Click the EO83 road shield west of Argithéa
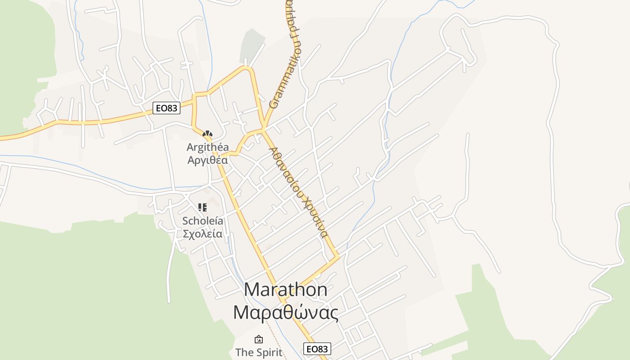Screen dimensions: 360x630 click(x=166, y=108)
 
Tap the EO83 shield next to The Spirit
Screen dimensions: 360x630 click(x=317, y=349)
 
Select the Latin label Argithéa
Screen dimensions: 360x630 click(x=207, y=147)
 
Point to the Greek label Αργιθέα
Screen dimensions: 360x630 click(x=207, y=160)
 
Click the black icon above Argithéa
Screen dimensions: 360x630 click(x=207, y=134)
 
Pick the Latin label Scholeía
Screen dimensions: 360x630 click(x=202, y=221)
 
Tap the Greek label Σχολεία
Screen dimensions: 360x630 click(x=202, y=234)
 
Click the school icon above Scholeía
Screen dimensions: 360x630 click(x=202, y=207)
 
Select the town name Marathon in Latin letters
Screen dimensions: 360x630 click(x=286, y=289)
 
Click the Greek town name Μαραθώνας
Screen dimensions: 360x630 click(x=286, y=312)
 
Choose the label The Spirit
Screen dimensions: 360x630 click(x=259, y=352)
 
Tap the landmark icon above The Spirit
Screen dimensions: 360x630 click(x=259, y=339)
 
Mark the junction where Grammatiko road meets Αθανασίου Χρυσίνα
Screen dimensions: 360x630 click(x=263, y=130)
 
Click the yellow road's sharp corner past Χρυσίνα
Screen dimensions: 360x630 click(x=337, y=257)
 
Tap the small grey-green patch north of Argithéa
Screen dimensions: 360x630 click(x=252, y=45)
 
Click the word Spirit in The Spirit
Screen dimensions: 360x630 click(x=269, y=352)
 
